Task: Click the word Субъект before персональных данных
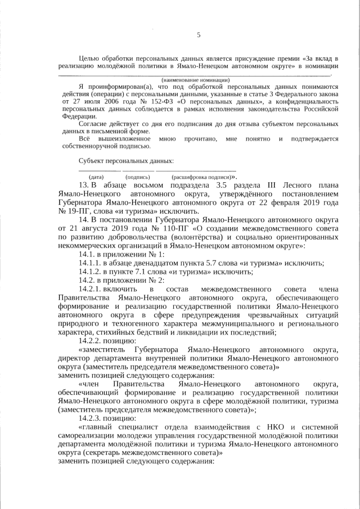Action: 93,161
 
